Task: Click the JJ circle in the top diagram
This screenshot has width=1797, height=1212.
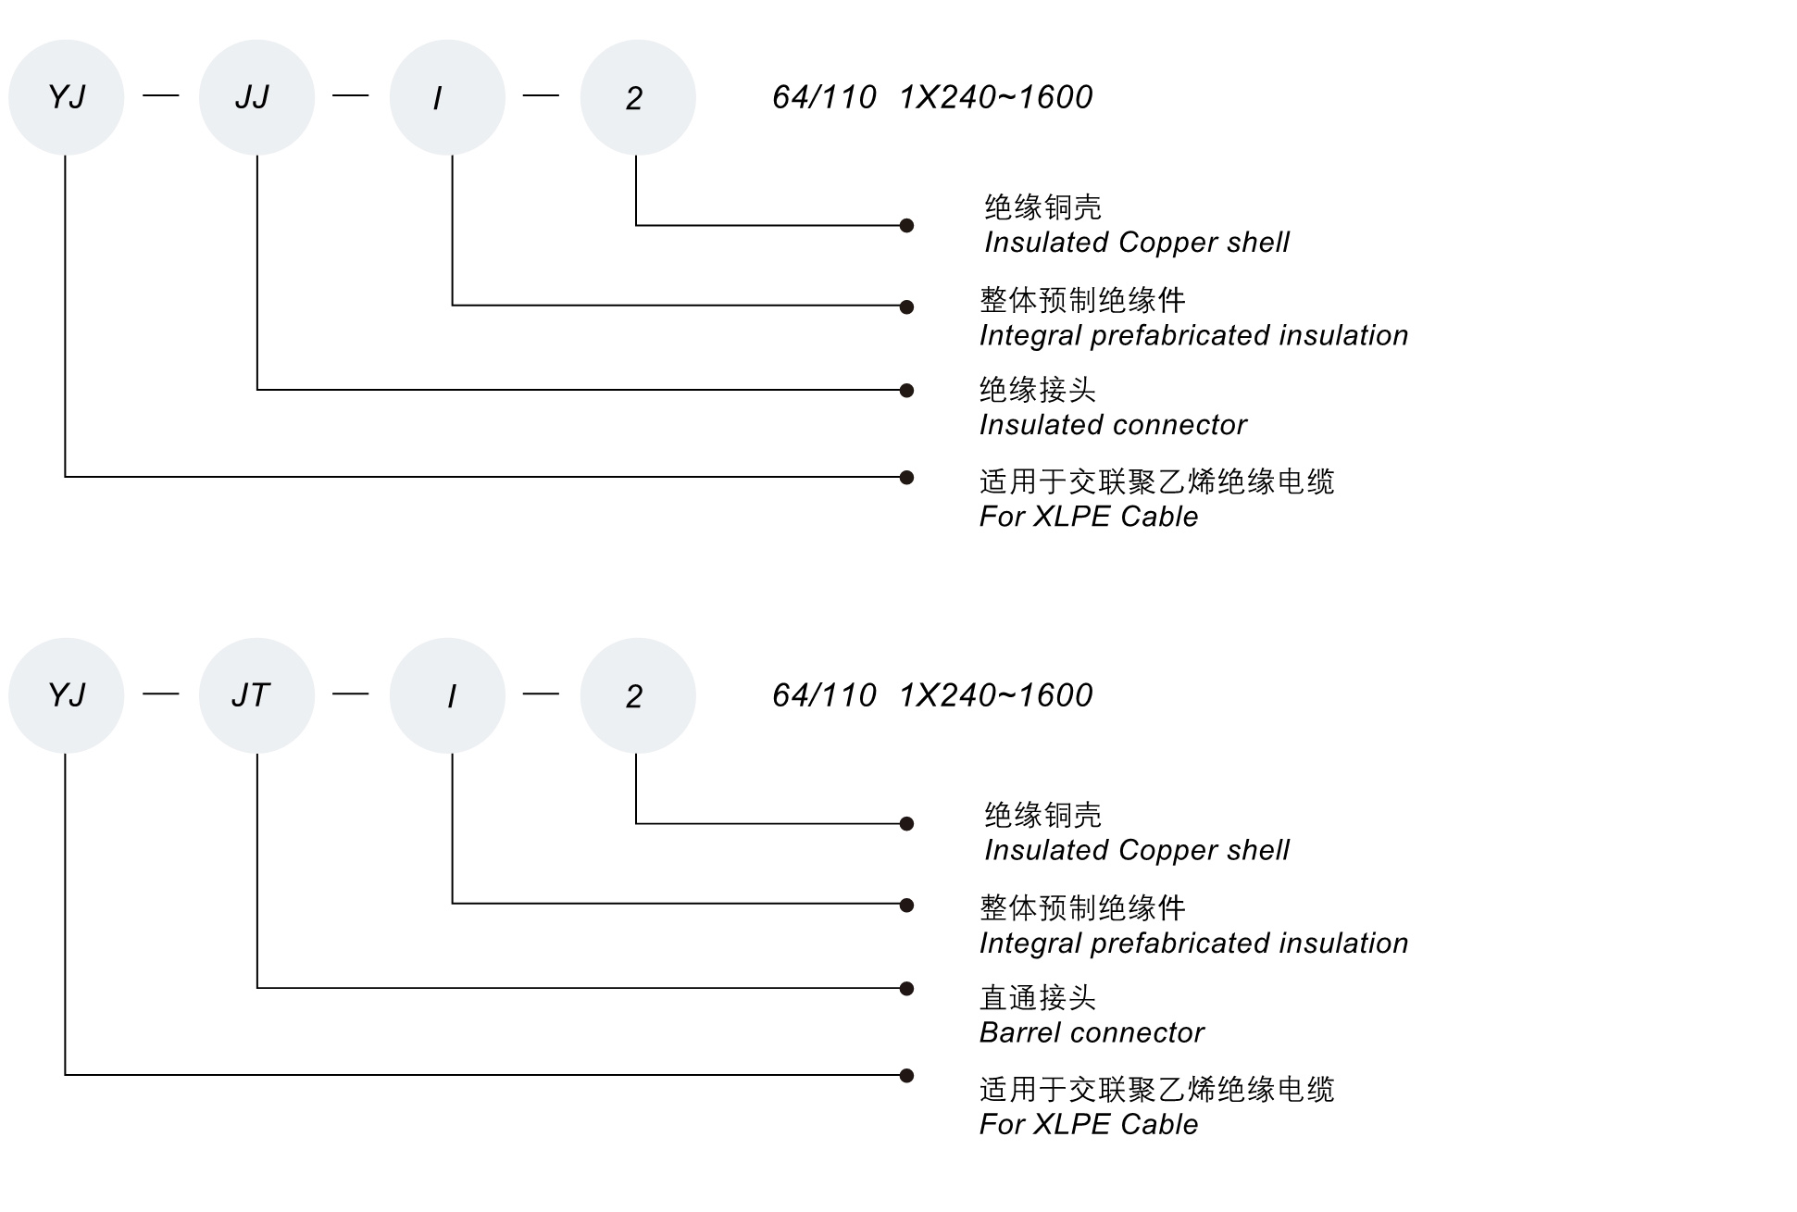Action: click(256, 97)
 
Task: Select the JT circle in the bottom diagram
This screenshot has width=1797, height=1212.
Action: click(256, 695)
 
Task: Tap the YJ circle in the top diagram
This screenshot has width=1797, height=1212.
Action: click(66, 97)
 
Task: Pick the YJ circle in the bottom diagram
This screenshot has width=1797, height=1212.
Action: click(66, 695)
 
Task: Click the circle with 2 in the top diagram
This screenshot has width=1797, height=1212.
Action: click(637, 97)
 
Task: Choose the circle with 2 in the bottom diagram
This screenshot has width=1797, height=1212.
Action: click(637, 695)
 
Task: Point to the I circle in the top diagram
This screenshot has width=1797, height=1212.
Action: click(447, 97)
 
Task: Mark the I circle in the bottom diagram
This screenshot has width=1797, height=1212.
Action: click(447, 695)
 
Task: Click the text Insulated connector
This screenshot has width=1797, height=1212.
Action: click(1113, 425)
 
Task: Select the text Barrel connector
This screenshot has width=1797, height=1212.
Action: click(1092, 1032)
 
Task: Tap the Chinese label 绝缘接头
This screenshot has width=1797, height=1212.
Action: click(1038, 390)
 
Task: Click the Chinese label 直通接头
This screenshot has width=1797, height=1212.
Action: click(1038, 997)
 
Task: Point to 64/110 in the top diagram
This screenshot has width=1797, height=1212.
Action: click(824, 97)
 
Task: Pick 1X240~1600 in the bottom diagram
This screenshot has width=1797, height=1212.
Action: click(996, 695)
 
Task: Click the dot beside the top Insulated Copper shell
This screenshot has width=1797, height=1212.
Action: click(907, 225)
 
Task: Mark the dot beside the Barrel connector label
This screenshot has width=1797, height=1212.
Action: click(907, 989)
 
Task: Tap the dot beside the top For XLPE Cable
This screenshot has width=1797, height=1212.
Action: click(907, 478)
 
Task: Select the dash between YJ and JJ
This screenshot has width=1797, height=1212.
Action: click(161, 95)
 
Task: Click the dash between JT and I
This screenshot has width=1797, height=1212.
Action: click(351, 693)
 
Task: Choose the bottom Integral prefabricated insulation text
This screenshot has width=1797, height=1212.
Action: click(1193, 943)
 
